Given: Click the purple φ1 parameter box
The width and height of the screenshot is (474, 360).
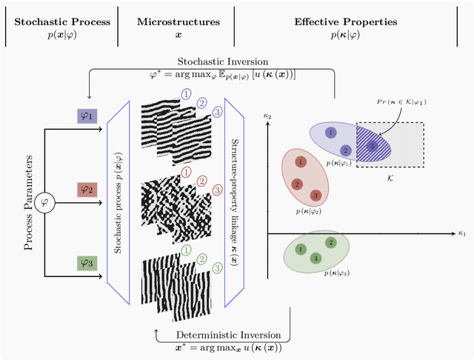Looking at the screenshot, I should pyautogui.click(x=87, y=116).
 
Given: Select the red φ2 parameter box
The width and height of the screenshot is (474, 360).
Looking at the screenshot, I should pyautogui.click(x=87, y=189).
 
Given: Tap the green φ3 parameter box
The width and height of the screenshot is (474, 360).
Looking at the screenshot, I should pyautogui.click(x=87, y=262).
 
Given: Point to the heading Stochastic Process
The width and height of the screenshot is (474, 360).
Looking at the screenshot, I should pyautogui.click(x=58, y=21).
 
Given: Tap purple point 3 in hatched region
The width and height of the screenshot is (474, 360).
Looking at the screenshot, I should pyautogui.click(x=373, y=146).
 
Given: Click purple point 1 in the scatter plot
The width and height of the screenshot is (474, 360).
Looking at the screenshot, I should pyautogui.click(x=330, y=132).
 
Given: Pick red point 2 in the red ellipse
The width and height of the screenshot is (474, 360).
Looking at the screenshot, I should pyautogui.click(x=296, y=184).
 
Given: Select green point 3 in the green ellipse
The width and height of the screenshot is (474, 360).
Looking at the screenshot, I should pyautogui.click(x=316, y=258).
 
